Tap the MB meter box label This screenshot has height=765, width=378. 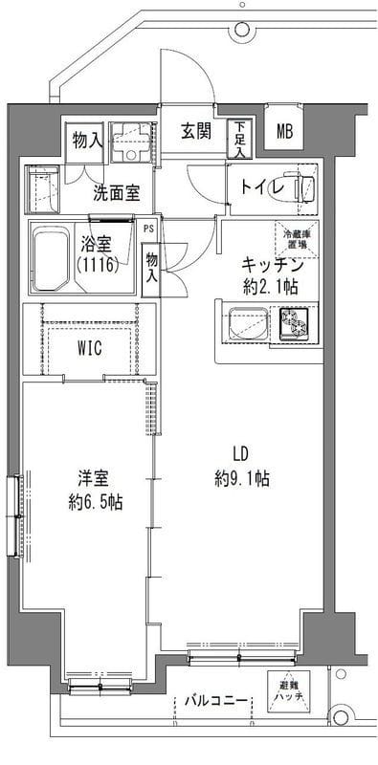(285, 133)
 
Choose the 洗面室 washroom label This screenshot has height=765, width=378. (116, 191)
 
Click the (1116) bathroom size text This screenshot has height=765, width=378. (97, 264)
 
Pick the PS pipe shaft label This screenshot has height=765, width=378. (147, 229)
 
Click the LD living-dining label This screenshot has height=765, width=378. (239, 454)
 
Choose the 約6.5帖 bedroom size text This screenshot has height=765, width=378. (95, 500)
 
